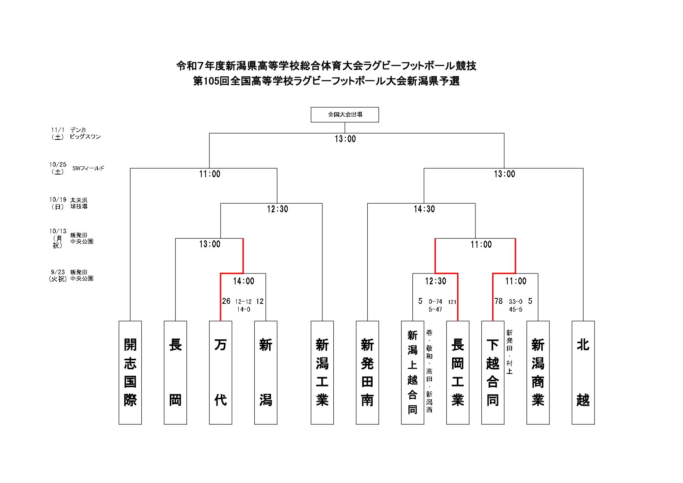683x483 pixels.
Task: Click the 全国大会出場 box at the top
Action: click(x=345, y=115)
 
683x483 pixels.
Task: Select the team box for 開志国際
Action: click(x=130, y=372)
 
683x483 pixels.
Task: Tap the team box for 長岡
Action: click(x=175, y=372)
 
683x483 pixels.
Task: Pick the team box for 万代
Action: click(x=220, y=372)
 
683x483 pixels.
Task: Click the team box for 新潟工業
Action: click(x=322, y=372)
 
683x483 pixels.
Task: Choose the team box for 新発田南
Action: click(x=367, y=372)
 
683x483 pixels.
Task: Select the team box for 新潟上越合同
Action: click(x=412, y=372)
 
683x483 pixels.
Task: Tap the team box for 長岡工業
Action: click(x=458, y=372)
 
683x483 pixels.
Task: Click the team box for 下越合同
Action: click(x=493, y=372)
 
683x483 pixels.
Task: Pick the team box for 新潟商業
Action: click(x=538, y=372)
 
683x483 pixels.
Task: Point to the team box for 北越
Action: click(x=583, y=372)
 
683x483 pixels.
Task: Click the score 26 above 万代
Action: click(x=226, y=301)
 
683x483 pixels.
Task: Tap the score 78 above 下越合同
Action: click(x=498, y=301)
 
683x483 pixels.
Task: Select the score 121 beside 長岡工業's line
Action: click(x=452, y=301)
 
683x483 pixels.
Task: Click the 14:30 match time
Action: click(x=424, y=209)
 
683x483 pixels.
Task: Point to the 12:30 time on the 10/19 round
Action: click(x=277, y=209)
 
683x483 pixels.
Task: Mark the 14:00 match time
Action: click(x=243, y=281)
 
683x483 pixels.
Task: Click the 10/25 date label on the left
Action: click(x=58, y=165)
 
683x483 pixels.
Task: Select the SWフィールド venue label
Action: click(x=88, y=168)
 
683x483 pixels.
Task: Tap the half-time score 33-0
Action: click(x=516, y=301)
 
